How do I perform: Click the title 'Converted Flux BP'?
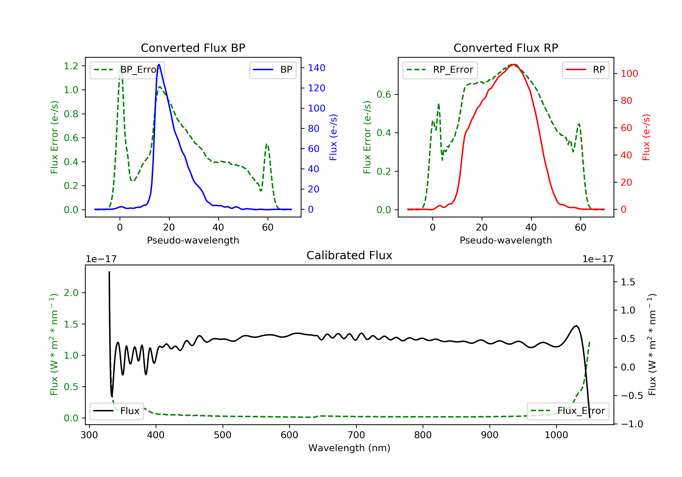[193, 48]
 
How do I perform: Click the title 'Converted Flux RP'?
[506, 48]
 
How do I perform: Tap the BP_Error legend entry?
[127, 70]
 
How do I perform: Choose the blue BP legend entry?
[273, 70]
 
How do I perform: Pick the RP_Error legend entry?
[440, 70]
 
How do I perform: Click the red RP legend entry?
[585, 70]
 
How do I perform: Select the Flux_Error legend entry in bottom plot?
[568, 411]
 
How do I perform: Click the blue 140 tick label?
[316, 68]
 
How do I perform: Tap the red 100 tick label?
[629, 74]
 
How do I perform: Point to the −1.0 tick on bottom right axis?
[632, 424]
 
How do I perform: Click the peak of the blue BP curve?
[159, 65]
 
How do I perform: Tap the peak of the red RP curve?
[514, 65]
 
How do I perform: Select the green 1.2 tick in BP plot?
[71, 66]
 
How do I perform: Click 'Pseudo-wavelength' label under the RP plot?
[506, 240]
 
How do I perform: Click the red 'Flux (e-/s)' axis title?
[646, 137]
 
